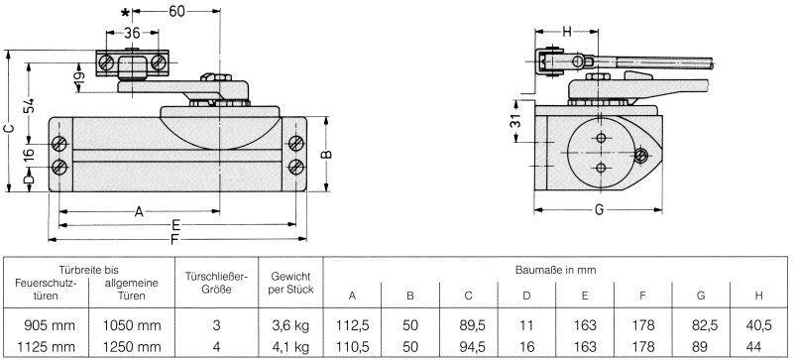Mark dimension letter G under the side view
pyautogui.click(x=600, y=210)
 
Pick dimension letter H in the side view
pyautogui.click(x=566, y=31)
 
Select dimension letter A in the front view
pyautogui.click(x=138, y=210)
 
